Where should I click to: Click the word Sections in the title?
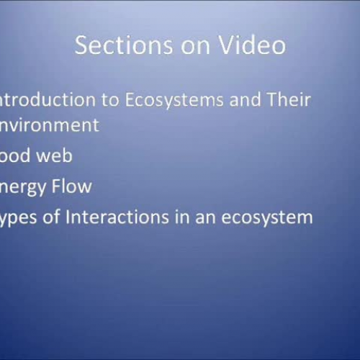tap(116, 45)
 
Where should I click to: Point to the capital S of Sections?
tap(83, 45)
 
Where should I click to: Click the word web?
tap(55, 155)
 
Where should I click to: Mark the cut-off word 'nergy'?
tap(24, 187)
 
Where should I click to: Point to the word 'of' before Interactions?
tap(58, 216)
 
